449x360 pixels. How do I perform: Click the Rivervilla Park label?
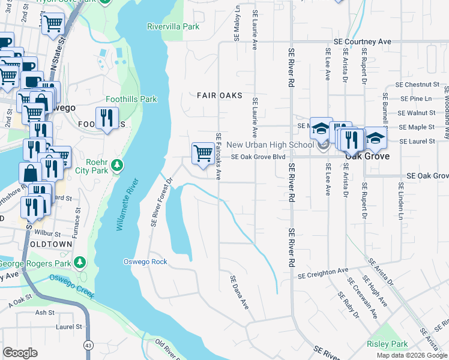[x=173, y=26]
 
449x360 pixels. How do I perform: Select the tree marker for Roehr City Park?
[x=119, y=164]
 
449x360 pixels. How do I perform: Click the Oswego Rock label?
[x=145, y=262]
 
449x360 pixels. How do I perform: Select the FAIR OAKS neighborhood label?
[x=220, y=95]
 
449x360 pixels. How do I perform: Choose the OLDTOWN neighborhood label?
[x=52, y=245]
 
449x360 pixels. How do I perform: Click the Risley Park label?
[x=387, y=344]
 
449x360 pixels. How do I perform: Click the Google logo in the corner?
[x=20, y=352]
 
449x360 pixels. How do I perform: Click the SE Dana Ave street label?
[x=240, y=292]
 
